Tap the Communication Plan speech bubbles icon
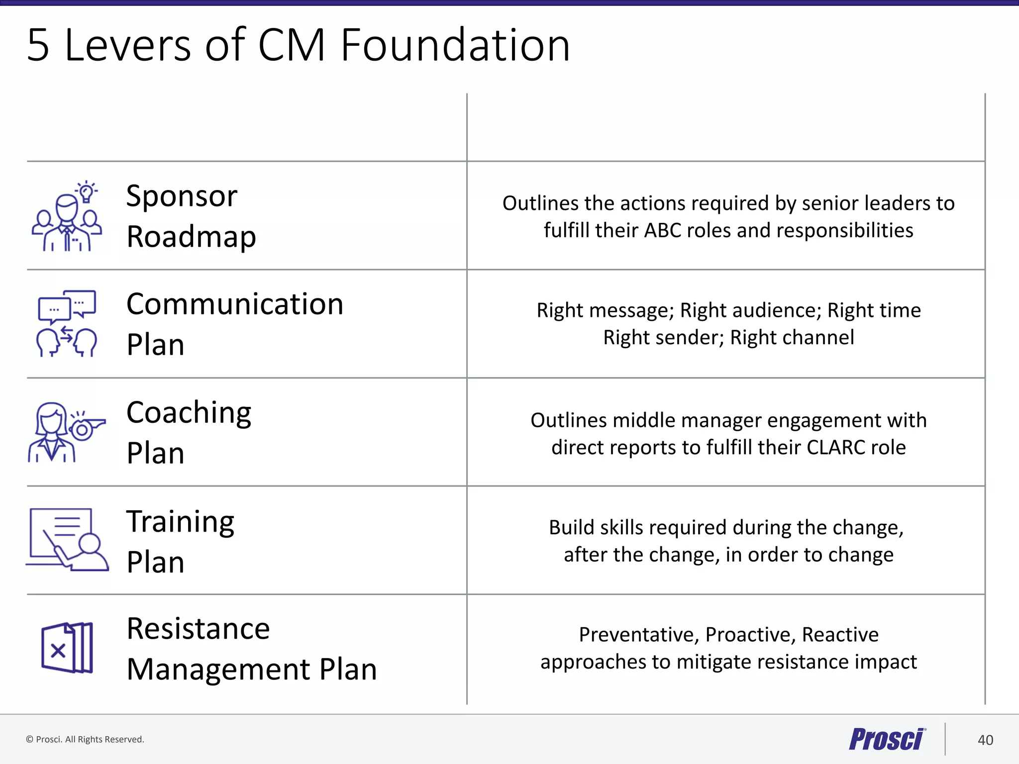[67, 323]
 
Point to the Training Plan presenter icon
[67, 539]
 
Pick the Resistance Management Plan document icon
[67, 648]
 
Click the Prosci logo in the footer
[887, 739]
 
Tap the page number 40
[985, 740]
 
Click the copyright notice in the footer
[85, 740]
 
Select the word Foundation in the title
[455, 45]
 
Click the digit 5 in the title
[38, 45]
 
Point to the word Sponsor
[182, 196]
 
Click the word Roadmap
[191, 237]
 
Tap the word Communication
[235, 304]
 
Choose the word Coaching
[189, 413]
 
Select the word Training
[180, 522]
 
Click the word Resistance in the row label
[198, 629]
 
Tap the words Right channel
[792, 337]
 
